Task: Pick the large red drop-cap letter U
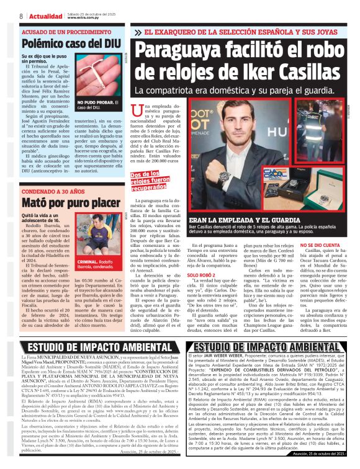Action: (x=138, y=112)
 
